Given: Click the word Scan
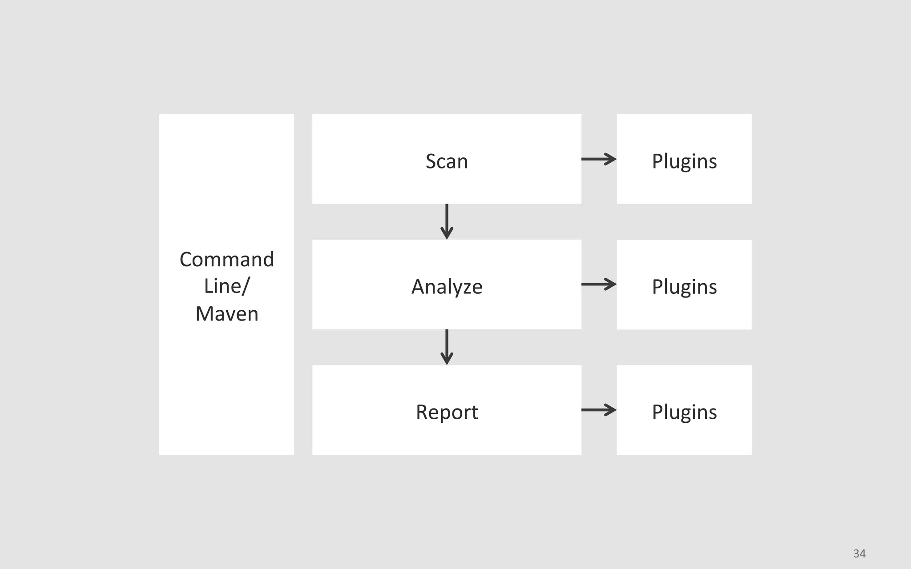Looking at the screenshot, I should tap(447, 161).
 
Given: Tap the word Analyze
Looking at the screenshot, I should tap(447, 287).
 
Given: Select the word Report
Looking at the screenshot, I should tap(447, 412).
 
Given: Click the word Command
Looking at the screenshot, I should tap(226, 259).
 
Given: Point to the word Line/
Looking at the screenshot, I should tap(226, 286).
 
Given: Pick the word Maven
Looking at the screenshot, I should tap(226, 314).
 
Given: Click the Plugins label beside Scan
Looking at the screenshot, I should tap(684, 161).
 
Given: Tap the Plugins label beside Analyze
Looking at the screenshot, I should tap(684, 287).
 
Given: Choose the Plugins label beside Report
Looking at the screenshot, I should tap(684, 412).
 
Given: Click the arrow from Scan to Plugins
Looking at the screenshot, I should tap(598, 159).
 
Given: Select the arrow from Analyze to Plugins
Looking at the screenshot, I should tap(598, 284).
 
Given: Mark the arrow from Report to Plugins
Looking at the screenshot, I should tap(598, 409).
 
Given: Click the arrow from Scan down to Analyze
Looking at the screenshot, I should tap(447, 221).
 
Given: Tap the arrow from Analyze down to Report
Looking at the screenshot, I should tap(447, 346).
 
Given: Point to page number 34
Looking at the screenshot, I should tap(859, 553).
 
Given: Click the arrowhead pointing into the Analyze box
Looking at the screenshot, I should tap(447, 233).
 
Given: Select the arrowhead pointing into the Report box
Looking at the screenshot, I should tap(447, 359).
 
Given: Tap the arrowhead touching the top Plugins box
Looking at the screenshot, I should tap(611, 159).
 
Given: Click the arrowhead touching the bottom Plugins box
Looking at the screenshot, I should tap(611, 409).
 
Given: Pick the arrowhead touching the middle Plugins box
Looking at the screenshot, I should tap(611, 284).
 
